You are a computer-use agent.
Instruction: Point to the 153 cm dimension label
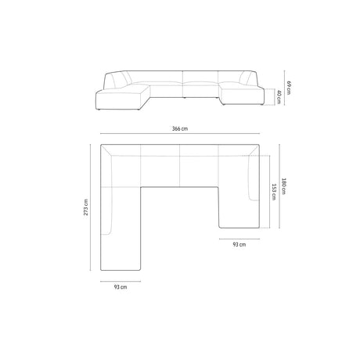tap(274, 191)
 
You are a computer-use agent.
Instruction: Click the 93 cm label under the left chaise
tap(120, 287)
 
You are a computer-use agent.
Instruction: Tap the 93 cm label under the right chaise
tap(239, 245)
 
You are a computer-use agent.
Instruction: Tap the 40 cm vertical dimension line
tap(273, 96)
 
